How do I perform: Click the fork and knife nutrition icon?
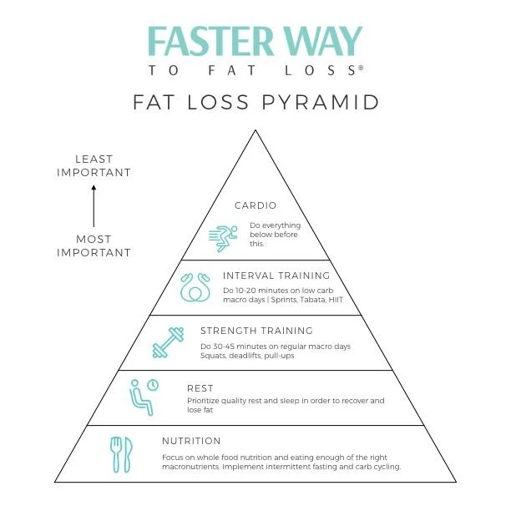click(122, 452)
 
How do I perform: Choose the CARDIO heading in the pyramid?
click(255, 205)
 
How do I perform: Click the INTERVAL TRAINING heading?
click(276, 276)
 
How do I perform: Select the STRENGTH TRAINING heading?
click(256, 331)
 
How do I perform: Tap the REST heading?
click(200, 388)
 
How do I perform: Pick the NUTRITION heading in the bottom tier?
click(191, 441)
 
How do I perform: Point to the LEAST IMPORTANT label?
click(94, 165)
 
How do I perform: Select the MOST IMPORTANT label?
click(94, 245)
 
